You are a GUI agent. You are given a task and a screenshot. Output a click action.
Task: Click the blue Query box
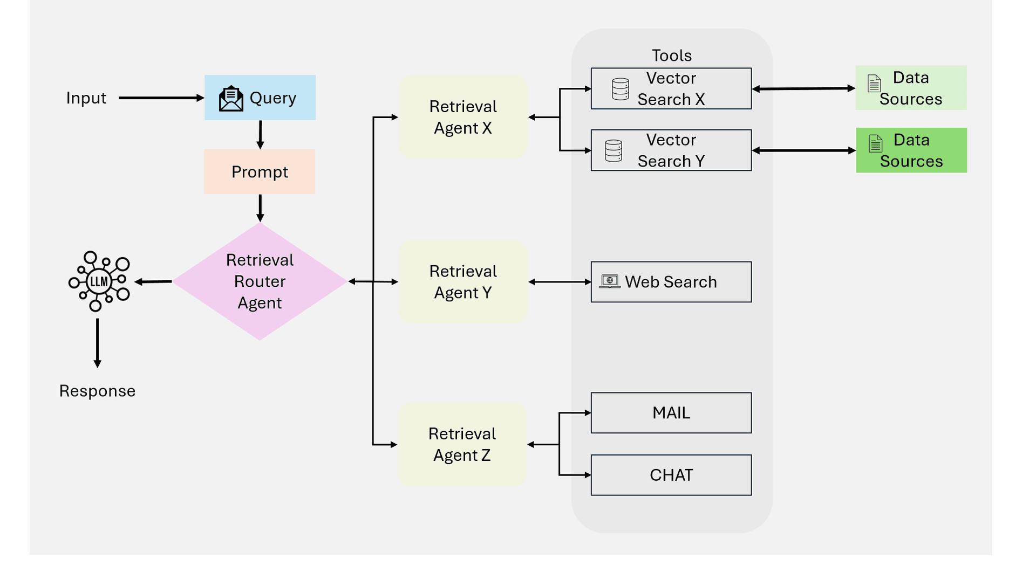pos(260,98)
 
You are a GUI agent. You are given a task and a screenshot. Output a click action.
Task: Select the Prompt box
pos(260,171)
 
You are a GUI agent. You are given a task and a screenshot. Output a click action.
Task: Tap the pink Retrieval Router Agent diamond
pos(260,281)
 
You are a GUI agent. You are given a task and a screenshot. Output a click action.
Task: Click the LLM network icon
pos(99,281)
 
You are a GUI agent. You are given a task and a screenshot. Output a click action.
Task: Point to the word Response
pos(97,391)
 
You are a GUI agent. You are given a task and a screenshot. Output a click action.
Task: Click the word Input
pos(86,98)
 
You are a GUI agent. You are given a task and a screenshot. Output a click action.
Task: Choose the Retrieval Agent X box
pos(463,117)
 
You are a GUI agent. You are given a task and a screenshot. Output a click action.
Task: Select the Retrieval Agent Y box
pos(463,281)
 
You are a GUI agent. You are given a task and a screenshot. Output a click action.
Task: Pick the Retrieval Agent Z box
pos(462,445)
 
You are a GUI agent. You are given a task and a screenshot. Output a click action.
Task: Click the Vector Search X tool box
pos(671,88)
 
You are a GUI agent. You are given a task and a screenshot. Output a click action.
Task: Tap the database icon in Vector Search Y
pos(614,151)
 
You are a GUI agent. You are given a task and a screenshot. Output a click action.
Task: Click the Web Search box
pos(671,282)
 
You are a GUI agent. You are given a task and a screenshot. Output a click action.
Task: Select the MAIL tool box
pos(671,413)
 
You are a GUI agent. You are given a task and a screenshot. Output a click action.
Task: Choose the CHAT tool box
pos(671,475)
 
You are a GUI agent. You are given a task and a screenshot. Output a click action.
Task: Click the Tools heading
pos(672,56)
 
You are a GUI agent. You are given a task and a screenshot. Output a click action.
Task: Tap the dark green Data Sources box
pos(911,150)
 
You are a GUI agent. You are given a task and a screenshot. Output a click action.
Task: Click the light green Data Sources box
pos(911,88)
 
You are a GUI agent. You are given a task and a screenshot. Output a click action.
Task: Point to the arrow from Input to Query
pos(161,98)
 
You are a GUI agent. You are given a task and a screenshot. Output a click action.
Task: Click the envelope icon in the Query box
pos(231,98)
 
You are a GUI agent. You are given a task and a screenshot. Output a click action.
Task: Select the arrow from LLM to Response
pos(98,343)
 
